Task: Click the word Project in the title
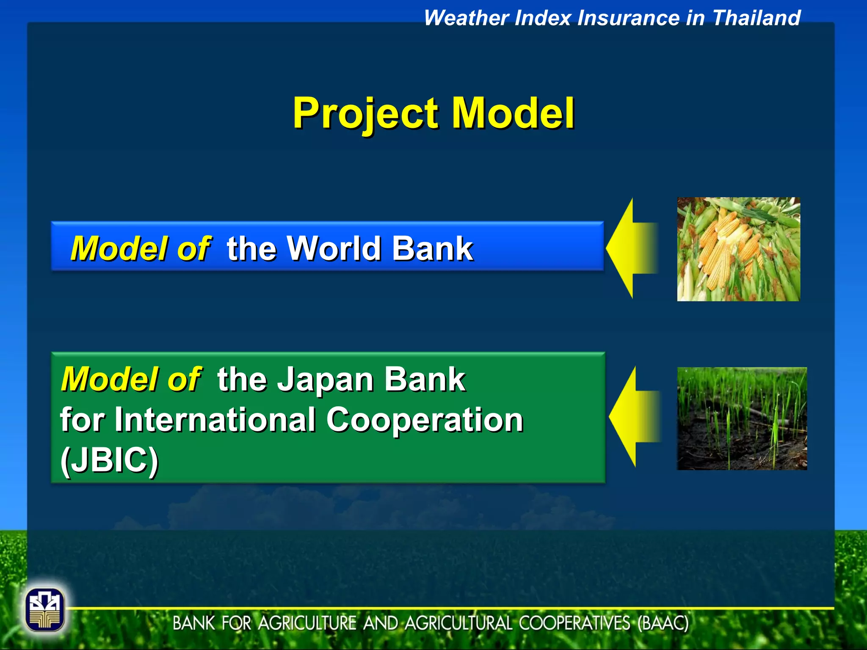coord(365,113)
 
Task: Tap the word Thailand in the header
coord(756,18)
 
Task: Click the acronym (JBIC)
coord(109,460)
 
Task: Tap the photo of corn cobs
coord(738,249)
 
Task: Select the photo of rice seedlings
coord(742,419)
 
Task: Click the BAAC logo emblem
coord(44,610)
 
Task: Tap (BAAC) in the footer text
coord(663,623)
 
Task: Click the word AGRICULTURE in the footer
coord(307,623)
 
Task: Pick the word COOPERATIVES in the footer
coord(574,623)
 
